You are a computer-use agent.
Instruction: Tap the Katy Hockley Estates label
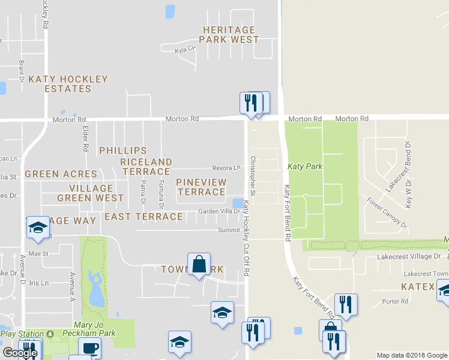click(68, 84)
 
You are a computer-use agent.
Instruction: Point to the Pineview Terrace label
click(201, 187)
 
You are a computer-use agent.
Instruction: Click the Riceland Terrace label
click(146, 167)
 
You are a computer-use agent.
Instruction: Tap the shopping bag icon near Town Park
click(199, 264)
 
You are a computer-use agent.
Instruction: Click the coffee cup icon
click(90, 348)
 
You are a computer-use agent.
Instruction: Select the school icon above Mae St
click(37, 227)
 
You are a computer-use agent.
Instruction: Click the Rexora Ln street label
click(226, 169)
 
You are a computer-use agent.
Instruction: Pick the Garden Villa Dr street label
click(219, 211)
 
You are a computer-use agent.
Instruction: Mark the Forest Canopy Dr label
click(387, 212)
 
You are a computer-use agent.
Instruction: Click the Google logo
click(20, 353)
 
